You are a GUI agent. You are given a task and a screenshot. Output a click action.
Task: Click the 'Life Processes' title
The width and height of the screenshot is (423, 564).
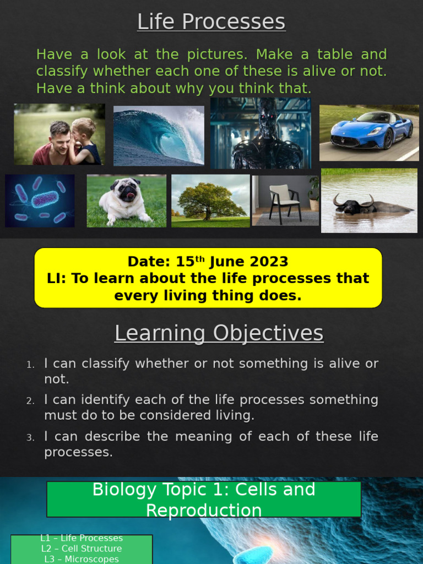(211, 22)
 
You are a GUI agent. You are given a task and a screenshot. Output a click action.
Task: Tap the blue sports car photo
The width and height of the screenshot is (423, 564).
(369, 132)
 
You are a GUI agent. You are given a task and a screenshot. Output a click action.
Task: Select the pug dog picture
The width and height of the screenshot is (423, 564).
(126, 201)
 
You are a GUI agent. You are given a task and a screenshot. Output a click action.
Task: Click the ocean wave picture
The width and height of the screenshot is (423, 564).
(159, 135)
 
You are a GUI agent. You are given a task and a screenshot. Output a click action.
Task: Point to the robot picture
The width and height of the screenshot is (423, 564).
(261, 133)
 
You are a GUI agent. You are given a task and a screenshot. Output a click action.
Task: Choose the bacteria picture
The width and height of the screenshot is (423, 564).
(40, 200)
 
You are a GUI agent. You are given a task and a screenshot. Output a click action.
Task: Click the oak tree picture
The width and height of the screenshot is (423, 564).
(210, 200)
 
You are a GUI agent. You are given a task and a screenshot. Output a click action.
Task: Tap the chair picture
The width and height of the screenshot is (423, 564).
(285, 200)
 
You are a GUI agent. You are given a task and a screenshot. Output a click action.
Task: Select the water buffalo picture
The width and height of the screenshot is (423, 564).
(369, 200)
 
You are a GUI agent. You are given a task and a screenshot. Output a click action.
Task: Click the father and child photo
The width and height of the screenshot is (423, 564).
(59, 134)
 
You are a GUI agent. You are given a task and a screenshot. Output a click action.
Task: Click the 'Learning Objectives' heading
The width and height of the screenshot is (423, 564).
(219, 333)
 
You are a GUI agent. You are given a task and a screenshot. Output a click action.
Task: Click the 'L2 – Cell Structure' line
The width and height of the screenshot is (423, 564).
(82, 549)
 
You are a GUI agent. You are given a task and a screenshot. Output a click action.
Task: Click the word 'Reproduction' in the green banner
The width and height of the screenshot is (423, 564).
(204, 510)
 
